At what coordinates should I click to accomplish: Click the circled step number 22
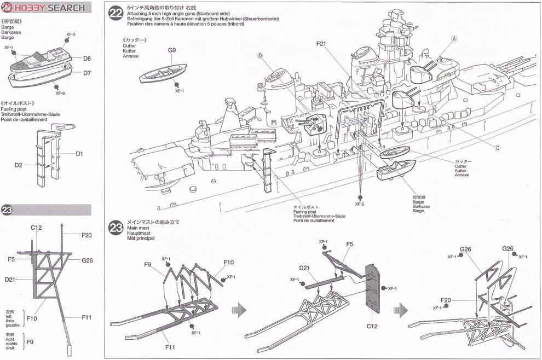[116, 14]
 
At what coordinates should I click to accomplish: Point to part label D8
[87, 58]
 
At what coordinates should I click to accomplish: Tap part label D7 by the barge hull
[87, 73]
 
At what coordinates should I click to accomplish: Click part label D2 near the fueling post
[19, 164]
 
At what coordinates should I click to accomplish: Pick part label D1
[79, 154]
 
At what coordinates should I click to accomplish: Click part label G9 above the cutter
[171, 50]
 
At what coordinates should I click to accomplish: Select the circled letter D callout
[260, 55]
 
